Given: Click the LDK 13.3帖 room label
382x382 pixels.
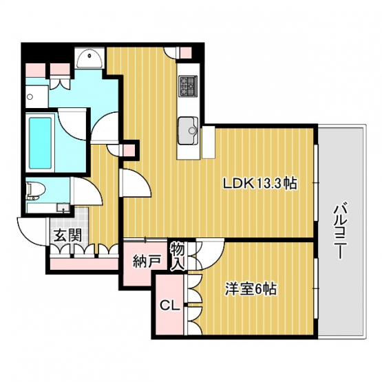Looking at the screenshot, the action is pos(260,184).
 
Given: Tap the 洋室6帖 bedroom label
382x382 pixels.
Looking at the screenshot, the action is pos(251,289).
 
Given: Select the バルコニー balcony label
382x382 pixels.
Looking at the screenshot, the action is pos(339,231).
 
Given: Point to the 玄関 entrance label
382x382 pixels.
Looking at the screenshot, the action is pos(67,235).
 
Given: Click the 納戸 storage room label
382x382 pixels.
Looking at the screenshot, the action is pos(147,262).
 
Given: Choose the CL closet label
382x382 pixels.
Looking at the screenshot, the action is pos(170,306).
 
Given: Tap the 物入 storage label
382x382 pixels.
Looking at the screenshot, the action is pos(177,256).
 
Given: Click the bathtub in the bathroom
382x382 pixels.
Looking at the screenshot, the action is pos(41,142).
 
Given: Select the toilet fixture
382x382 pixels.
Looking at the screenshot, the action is pos(36,191).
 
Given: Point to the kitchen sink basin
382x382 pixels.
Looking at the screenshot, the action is pos(188,130).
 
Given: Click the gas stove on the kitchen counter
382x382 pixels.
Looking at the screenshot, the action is pos(188,85).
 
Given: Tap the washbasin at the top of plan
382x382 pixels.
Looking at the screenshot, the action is pos(89,59).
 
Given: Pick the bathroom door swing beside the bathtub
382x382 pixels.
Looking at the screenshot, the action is pos(72,125).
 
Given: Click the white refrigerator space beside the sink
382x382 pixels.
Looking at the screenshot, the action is pos(209,142).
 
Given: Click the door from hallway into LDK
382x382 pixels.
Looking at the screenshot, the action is pos(136,182).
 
